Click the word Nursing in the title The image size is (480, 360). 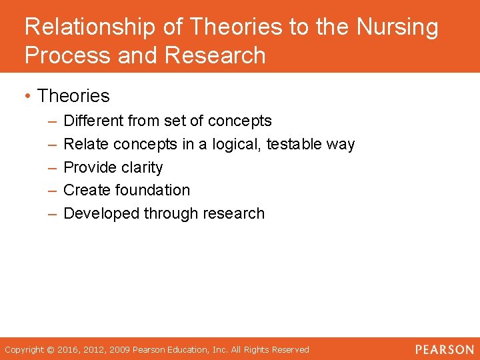pyautogui.click(x=397, y=28)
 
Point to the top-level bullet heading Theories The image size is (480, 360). pyautogui.click(x=73, y=96)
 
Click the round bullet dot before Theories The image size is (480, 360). pyautogui.click(x=29, y=97)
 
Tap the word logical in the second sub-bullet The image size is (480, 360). pyautogui.click(x=237, y=144)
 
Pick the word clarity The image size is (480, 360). pyautogui.click(x=138, y=167)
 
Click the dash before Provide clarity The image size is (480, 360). pyautogui.click(x=53, y=167)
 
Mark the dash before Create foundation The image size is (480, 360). pyautogui.click(x=53, y=191)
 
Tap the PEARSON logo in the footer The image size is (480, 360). pyautogui.click(x=444, y=349)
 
